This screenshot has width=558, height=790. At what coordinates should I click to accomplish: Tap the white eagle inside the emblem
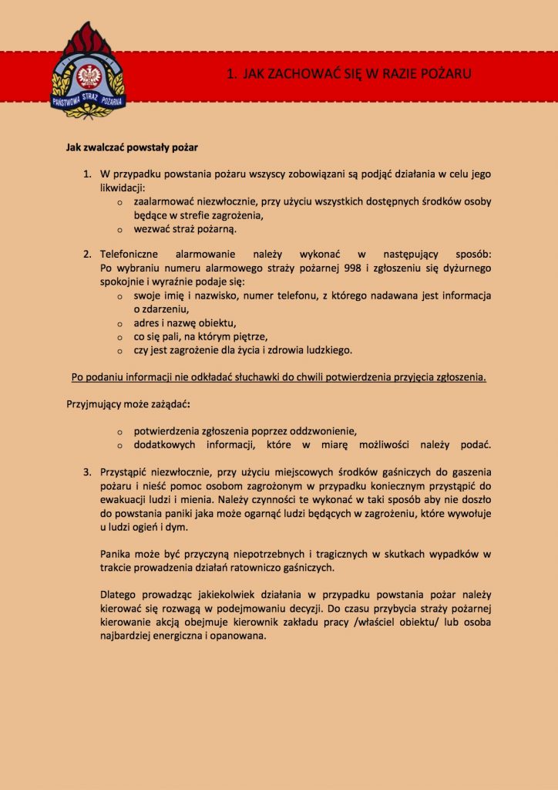[x=87, y=75]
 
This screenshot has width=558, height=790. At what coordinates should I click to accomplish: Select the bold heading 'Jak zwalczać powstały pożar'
[x=133, y=144]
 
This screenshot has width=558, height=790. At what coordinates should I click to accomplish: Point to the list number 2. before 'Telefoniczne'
[x=88, y=254]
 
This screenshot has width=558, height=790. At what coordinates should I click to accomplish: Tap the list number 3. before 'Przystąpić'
[x=88, y=471]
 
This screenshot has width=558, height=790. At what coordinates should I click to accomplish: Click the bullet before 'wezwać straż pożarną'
[x=120, y=229]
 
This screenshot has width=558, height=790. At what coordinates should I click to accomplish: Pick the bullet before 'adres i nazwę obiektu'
[x=120, y=323]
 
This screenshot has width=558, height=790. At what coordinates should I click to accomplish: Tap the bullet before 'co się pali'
[x=120, y=337]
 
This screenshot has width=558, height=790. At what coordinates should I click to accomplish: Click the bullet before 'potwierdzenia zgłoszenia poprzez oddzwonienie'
[x=120, y=431]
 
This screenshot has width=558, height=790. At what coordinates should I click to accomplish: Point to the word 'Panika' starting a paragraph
[x=116, y=554]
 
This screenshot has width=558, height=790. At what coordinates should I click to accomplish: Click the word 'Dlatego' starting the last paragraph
[x=119, y=595]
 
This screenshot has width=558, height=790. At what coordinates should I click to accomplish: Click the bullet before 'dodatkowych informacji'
[x=120, y=445]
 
